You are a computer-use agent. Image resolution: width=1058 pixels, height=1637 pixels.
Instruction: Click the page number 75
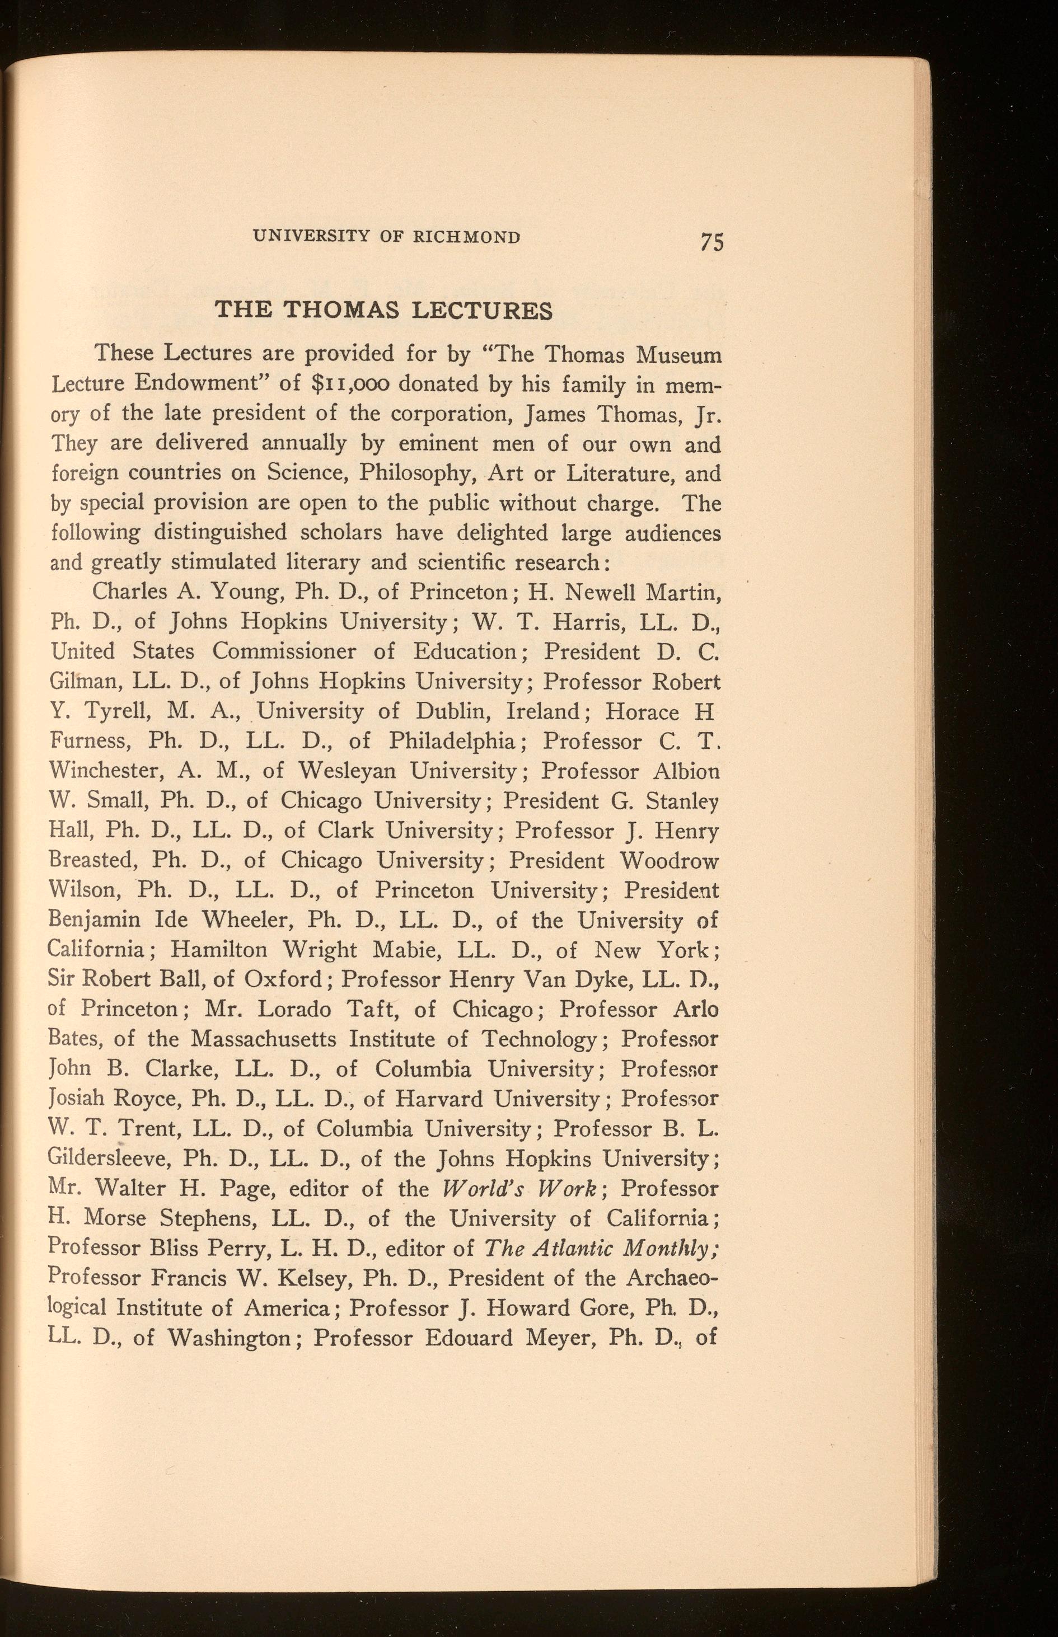coord(711,242)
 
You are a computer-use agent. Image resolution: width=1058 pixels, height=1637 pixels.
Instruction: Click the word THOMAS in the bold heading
coord(342,311)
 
